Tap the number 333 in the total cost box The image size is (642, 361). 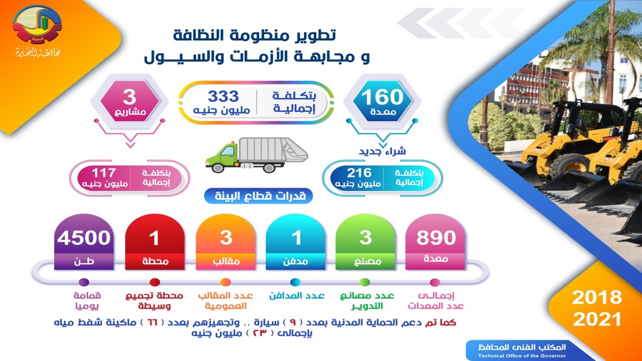coord(223,96)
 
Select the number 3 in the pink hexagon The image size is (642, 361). coord(129,97)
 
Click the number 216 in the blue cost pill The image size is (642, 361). coord(359,173)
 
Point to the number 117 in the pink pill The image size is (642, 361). coord(104,173)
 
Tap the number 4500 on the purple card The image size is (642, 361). coord(84,238)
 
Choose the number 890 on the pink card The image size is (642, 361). coord(436,238)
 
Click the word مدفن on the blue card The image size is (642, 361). coord(295,261)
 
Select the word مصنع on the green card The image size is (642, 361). coord(366,261)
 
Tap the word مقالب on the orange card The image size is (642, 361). coord(226,261)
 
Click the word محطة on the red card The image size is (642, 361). coord(155,261)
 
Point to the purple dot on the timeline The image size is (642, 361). coord(84,282)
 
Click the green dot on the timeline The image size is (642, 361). coord(365,282)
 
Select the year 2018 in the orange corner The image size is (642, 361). coord(597,297)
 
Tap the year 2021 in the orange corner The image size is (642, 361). coord(597,319)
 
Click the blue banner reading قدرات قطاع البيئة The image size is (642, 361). coord(258,196)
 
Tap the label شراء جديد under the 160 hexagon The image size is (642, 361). coord(383,151)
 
